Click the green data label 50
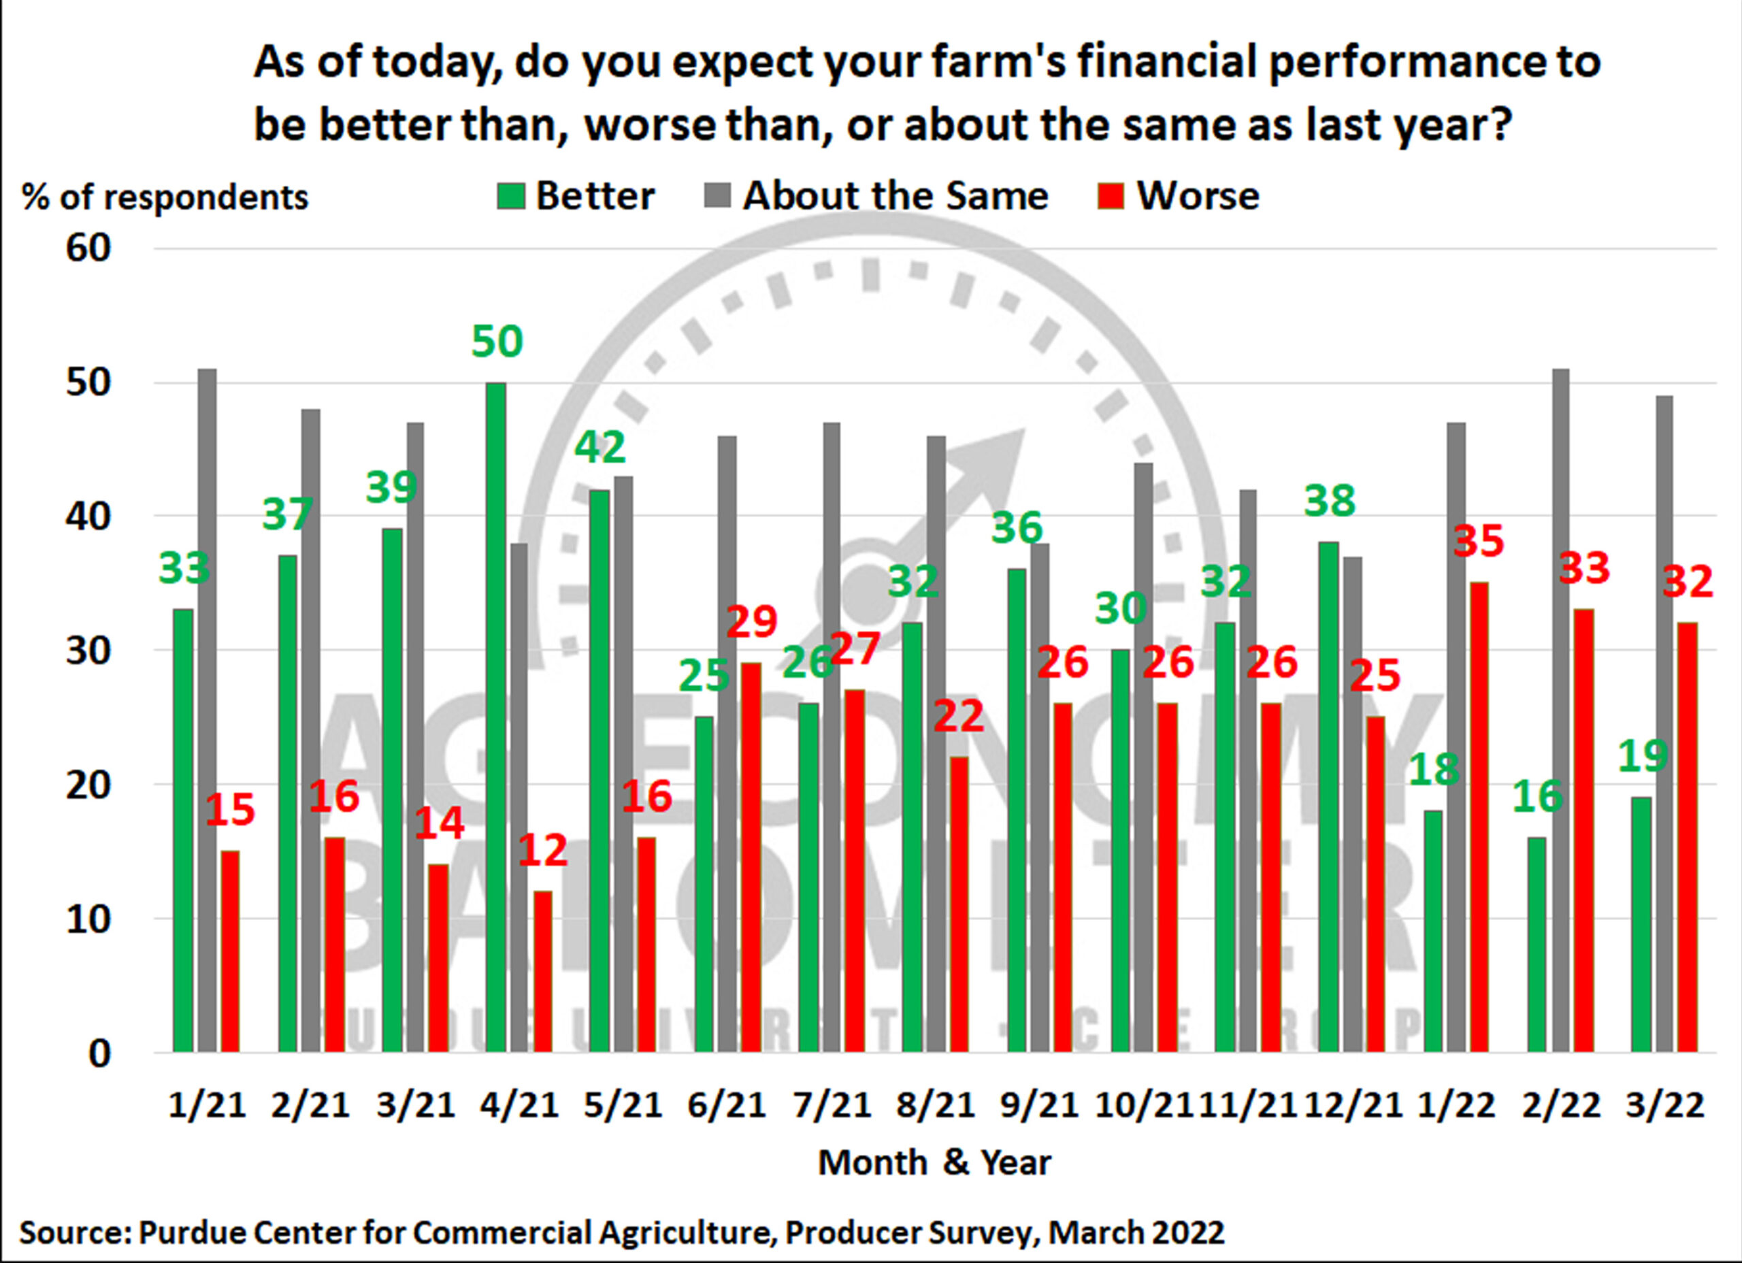click(x=497, y=341)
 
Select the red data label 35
click(x=1479, y=541)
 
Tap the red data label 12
click(x=543, y=850)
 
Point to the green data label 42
click(x=601, y=448)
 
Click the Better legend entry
click(x=576, y=196)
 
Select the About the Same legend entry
click(x=876, y=196)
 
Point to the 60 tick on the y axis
click(x=88, y=248)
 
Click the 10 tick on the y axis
click(x=88, y=919)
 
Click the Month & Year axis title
click(x=934, y=1162)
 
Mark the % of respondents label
click(x=165, y=197)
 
